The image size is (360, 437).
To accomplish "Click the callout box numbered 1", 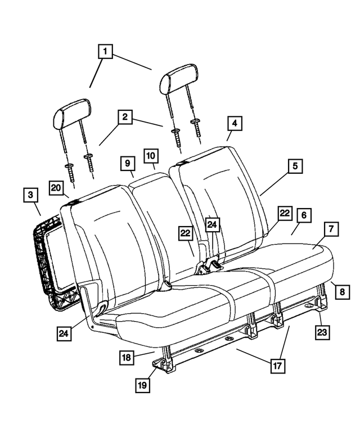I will point(105,52).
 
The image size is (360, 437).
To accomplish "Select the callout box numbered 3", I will point(31,196).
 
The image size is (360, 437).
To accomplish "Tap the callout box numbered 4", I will point(234,124).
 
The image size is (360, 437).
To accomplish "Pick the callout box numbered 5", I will point(294,166).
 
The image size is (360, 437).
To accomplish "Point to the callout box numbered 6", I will point(303,215).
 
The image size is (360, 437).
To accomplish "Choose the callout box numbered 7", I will point(331,229).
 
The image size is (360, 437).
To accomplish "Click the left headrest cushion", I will point(71,114).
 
